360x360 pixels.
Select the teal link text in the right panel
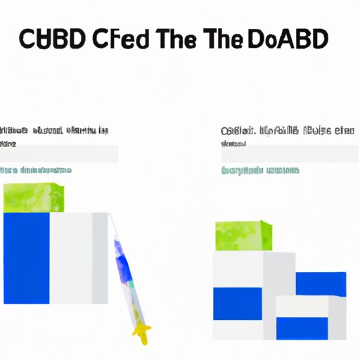coord(260,170)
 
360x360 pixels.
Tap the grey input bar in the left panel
coord(59,154)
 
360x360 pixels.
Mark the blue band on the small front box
coord(302,326)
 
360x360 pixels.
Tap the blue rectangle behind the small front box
coord(320,283)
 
